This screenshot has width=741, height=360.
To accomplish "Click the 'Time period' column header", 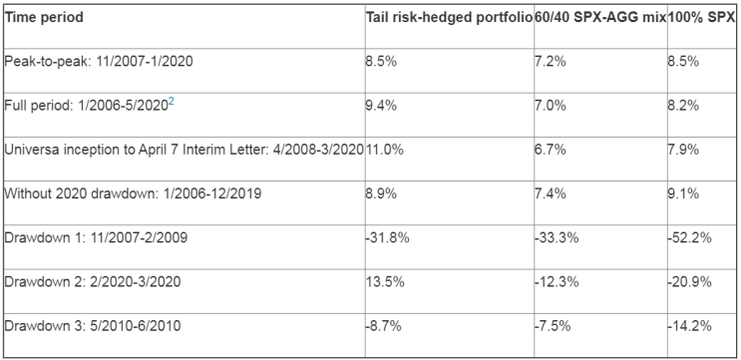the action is tap(44, 18).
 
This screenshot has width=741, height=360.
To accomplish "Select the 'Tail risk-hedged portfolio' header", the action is tap(450, 18).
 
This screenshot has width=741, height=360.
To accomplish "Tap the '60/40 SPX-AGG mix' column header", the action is tap(600, 18).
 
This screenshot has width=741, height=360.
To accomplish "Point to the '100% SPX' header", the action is tap(702, 18).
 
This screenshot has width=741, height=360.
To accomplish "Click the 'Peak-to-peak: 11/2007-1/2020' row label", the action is tap(99, 62).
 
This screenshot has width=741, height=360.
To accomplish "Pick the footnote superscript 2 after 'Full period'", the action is tap(172, 103).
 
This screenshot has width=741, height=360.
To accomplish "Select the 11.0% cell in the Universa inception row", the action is tap(385, 150).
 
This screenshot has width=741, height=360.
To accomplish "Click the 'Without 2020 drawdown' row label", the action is tap(133, 193).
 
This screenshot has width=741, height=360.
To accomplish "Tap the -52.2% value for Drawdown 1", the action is tap(689, 237).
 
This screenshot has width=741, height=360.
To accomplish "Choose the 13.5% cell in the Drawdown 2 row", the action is tap(385, 281).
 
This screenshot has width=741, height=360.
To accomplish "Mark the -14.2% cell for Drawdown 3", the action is tap(689, 325).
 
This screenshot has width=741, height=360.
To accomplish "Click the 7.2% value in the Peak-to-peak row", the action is tap(551, 62).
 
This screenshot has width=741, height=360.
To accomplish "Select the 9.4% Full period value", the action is tap(381, 106).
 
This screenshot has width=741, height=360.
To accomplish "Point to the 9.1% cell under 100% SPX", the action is tap(683, 193).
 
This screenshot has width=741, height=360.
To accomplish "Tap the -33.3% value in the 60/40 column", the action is tap(556, 237).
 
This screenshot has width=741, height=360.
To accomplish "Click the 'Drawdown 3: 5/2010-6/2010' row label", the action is tap(93, 325).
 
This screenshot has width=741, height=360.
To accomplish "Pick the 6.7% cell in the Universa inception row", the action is tap(551, 150).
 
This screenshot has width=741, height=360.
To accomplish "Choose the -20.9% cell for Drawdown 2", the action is tap(689, 281).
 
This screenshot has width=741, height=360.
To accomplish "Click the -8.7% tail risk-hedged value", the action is tap(383, 325).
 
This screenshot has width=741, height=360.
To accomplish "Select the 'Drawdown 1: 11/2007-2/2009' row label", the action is tap(96, 237).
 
